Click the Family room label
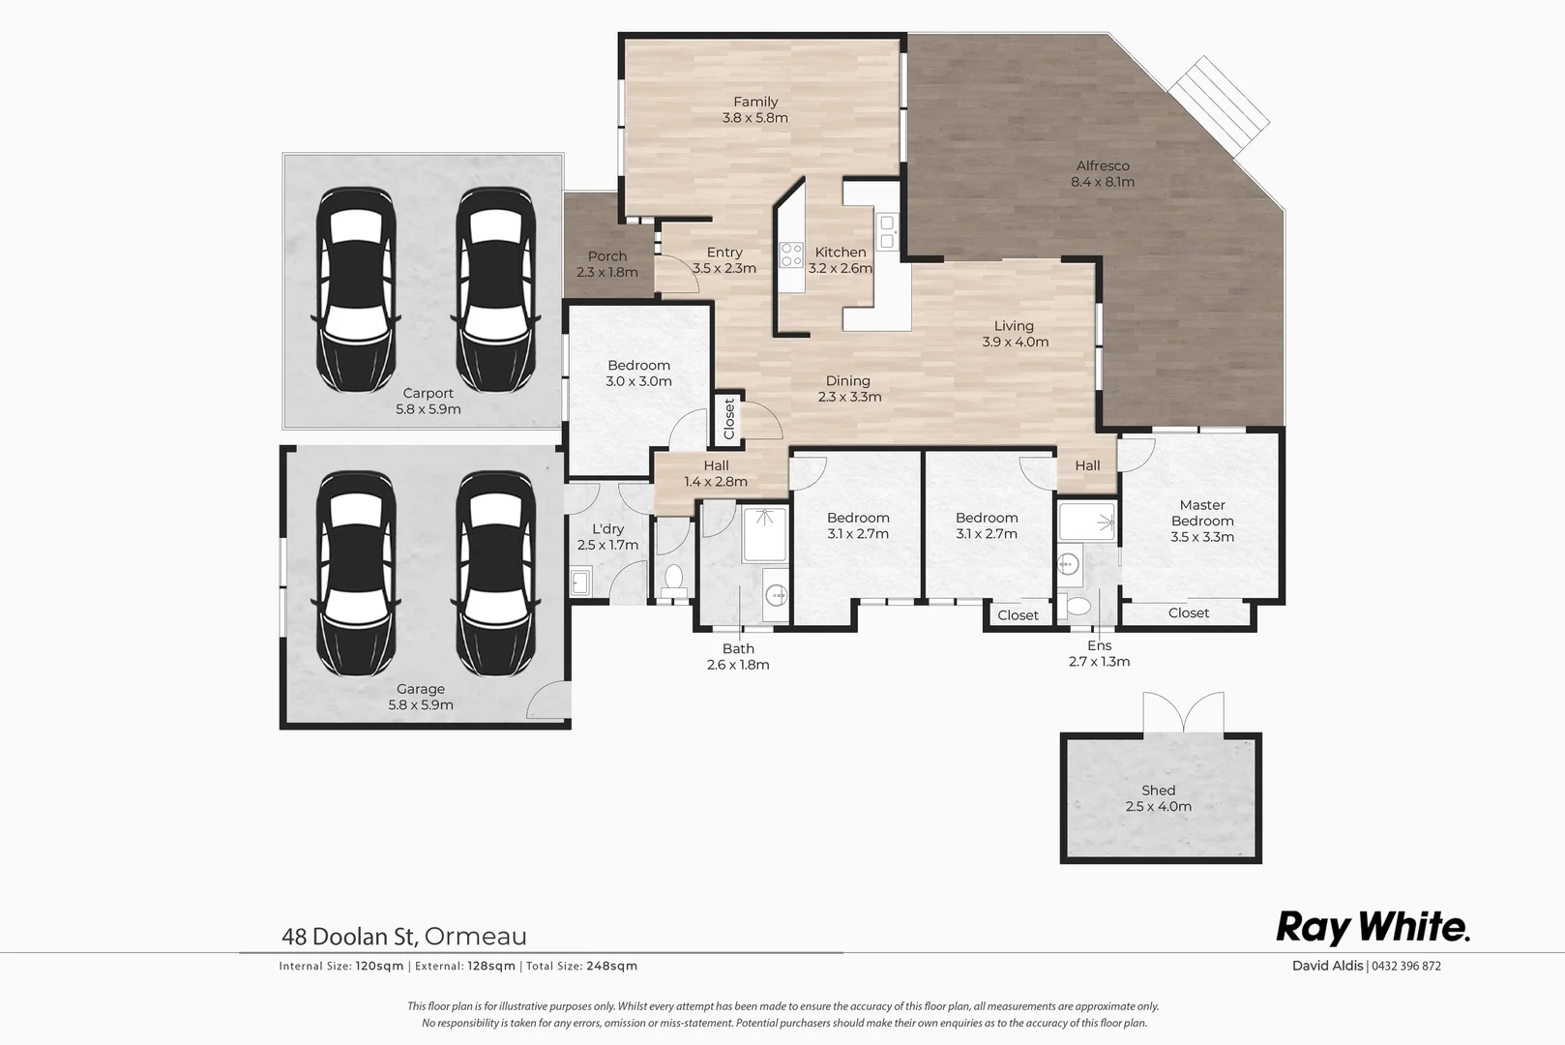754,109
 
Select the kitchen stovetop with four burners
791,254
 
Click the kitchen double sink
887,231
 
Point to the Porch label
607,263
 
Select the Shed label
1158,798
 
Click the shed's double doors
1183,714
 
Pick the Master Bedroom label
1202,521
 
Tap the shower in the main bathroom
765,533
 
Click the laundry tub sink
580,582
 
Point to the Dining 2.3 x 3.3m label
848,388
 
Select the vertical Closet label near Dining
729,419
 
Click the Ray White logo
1373,927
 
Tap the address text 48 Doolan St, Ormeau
404,936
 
